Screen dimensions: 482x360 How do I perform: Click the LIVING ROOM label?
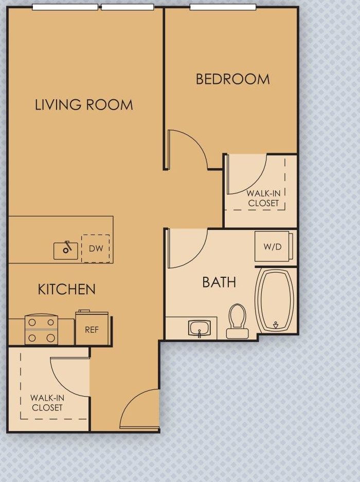pyautogui.click(x=84, y=105)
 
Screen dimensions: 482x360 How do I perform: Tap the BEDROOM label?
pyautogui.click(x=232, y=79)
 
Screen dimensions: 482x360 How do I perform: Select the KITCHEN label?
pyautogui.click(x=67, y=289)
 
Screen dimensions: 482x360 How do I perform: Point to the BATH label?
pyautogui.click(x=219, y=282)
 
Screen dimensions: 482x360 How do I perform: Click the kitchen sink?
pyautogui.click(x=66, y=250)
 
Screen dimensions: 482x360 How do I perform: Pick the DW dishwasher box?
pyautogui.click(x=96, y=248)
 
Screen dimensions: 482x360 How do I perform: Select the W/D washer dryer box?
pyautogui.click(x=273, y=246)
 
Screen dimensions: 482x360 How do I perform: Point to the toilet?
pyautogui.click(x=237, y=320)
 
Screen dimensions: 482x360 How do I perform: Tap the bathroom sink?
pyautogui.click(x=199, y=327)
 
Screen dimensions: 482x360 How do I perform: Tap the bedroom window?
pyautogui.click(x=223, y=7)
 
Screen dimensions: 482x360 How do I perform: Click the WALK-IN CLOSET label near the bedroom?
pyautogui.click(x=263, y=198)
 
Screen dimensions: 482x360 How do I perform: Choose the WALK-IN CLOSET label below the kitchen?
pyautogui.click(x=47, y=402)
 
